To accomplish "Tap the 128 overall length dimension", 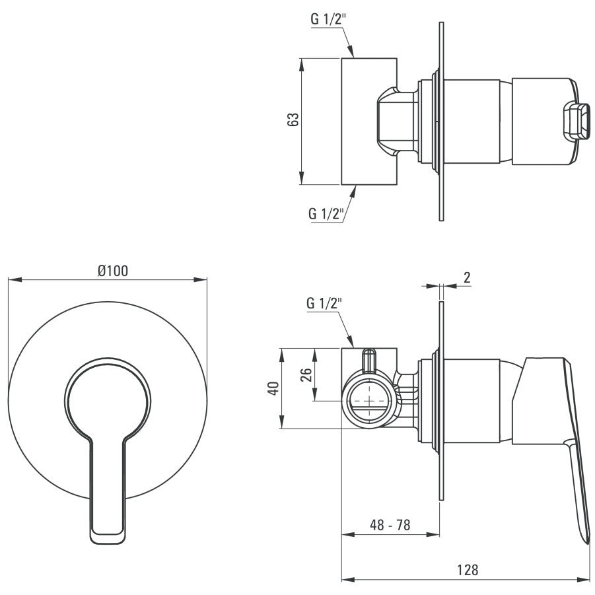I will [x=468, y=569].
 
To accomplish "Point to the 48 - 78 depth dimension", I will [x=390, y=525].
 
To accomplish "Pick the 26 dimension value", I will [x=306, y=374].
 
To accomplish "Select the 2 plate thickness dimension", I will [x=467, y=277].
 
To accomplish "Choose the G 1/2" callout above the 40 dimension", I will [x=325, y=304].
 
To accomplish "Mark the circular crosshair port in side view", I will [x=370, y=400].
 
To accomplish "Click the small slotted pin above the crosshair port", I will [x=368, y=361].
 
